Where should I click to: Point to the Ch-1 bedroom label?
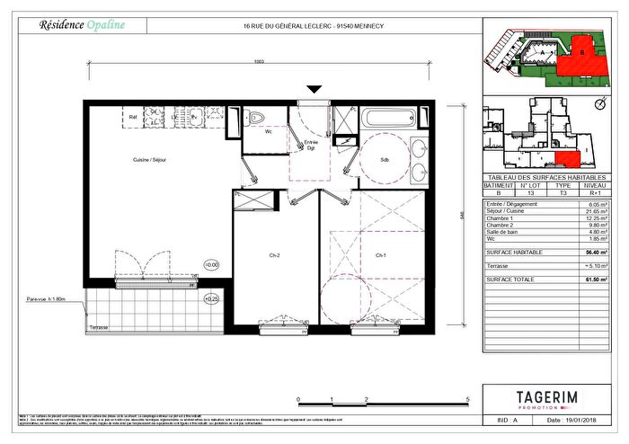click(380, 255)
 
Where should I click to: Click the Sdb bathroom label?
click(385, 159)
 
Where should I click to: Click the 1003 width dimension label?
click(259, 60)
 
